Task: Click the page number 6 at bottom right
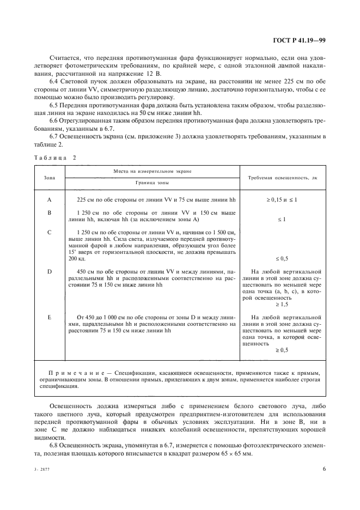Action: [x=324, y=468]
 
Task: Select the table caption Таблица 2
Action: [x=56, y=157]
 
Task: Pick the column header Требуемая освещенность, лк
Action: [x=282, y=178]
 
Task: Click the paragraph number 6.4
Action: [x=55, y=81]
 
